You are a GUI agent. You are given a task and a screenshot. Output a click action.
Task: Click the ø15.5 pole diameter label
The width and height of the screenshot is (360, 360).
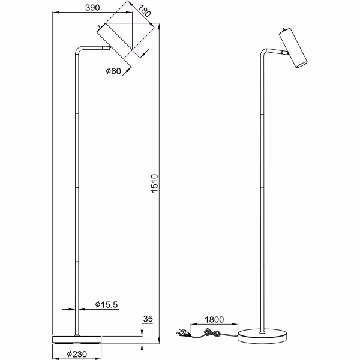106,305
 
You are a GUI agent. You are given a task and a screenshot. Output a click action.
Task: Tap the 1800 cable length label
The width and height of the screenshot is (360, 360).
214,320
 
